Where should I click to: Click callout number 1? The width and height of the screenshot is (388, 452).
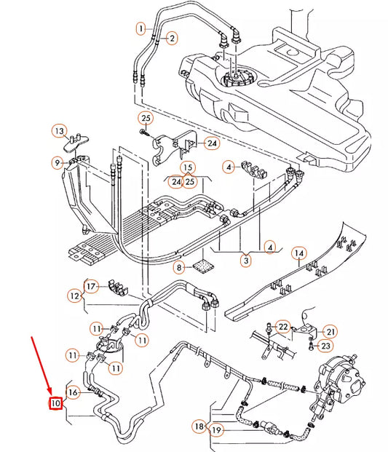(x=140, y=28)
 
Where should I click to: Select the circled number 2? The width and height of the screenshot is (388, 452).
(x=172, y=38)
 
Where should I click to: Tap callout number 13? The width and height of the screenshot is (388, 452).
(x=59, y=130)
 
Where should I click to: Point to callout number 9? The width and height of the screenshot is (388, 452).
(x=57, y=162)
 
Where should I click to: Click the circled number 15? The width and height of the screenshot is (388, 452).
(x=187, y=167)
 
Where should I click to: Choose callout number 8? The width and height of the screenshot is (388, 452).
(x=180, y=268)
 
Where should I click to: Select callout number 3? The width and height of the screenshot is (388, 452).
(x=245, y=260)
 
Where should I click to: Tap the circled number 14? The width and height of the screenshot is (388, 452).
(x=298, y=253)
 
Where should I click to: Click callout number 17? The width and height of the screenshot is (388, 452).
(x=90, y=286)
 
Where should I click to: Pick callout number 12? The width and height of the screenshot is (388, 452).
(x=75, y=296)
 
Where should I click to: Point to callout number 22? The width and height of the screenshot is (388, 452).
(x=283, y=327)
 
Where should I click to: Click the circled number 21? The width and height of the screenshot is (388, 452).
(x=330, y=331)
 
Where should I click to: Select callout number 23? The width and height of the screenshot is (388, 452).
(x=325, y=346)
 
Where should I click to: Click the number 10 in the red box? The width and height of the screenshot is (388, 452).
(x=55, y=403)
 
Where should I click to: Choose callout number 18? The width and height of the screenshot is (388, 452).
(x=199, y=425)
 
